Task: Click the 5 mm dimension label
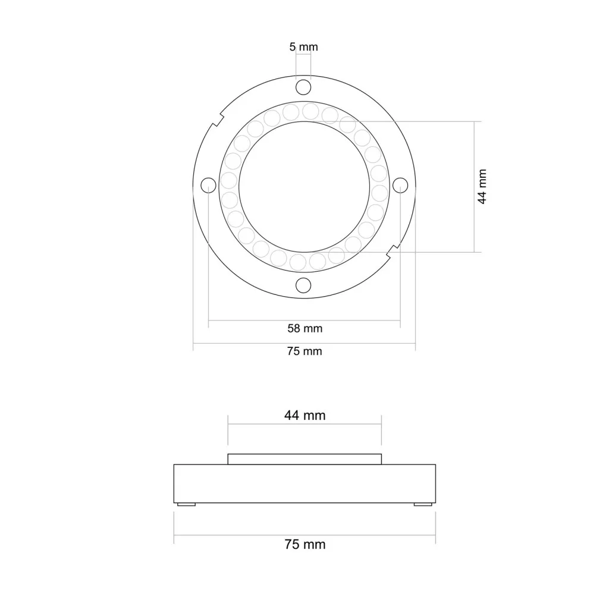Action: tap(303, 47)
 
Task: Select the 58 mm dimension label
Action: tap(305, 328)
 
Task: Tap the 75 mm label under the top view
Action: tap(304, 351)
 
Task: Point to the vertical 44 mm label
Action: tap(482, 186)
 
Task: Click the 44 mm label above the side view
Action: tap(305, 415)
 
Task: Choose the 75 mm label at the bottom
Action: tap(305, 544)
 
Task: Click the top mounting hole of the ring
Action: tap(303, 87)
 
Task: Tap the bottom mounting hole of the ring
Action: tap(303, 285)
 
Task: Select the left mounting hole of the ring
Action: tap(209, 186)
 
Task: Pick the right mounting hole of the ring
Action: tap(400, 186)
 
